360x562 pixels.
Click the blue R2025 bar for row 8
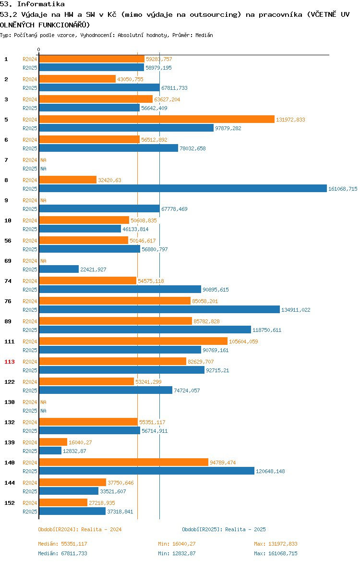[183, 188]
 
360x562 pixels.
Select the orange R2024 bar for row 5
[157, 119]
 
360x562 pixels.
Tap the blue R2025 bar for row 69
[59, 269]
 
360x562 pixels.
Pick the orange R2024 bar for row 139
[53, 442]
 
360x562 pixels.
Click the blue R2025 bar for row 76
[159, 309]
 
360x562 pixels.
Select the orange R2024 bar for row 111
[133, 341]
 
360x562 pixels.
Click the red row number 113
[9, 362]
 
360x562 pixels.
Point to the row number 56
[8, 241]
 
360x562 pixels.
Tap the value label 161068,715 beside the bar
[343, 189]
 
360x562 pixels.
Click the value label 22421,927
[93, 269]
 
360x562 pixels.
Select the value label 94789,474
[223, 463]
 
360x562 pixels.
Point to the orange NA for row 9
[43, 200]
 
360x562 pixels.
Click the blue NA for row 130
[43, 411]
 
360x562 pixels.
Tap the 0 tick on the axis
[39, 50]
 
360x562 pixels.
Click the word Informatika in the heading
[41, 4]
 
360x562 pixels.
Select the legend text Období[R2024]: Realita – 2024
[80, 529]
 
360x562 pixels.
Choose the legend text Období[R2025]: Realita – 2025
[224, 529]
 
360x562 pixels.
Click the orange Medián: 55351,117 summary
[63, 544]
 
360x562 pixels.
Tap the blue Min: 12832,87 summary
[177, 553]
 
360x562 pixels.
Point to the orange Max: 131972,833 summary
[276, 544]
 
